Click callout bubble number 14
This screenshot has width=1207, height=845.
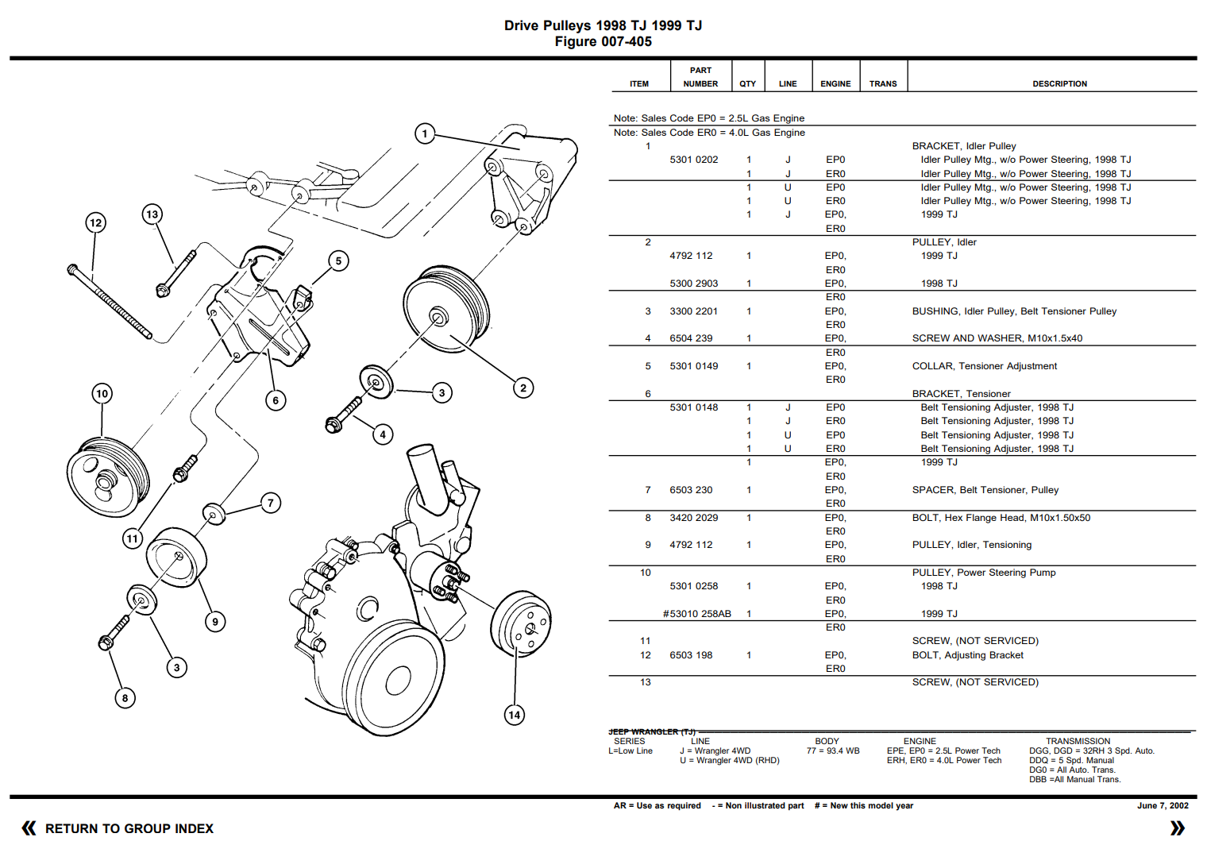tap(515, 715)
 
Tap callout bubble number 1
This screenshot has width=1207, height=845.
tap(425, 133)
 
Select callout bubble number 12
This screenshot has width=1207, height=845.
tap(95, 222)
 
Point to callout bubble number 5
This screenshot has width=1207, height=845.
tap(338, 260)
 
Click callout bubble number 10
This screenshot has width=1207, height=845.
tap(102, 393)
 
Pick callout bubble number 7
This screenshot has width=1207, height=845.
tap(271, 503)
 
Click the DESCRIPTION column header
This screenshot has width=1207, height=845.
tap(1059, 83)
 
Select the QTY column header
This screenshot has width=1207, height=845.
tap(747, 83)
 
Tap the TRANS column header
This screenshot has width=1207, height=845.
tap(882, 83)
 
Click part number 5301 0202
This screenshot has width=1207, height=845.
tap(693, 160)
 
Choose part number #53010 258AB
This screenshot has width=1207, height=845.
tap(696, 614)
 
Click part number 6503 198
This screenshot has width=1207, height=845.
tap(691, 655)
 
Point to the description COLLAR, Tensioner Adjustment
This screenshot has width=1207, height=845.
tap(984, 366)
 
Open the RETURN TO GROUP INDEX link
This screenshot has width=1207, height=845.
tap(129, 828)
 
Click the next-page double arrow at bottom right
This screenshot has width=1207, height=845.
tap(1177, 828)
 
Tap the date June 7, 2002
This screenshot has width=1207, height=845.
tap(1163, 805)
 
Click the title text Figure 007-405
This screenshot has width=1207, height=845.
tap(603, 41)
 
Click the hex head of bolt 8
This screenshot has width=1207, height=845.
tap(106, 641)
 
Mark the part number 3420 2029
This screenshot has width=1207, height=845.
tap(693, 518)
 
